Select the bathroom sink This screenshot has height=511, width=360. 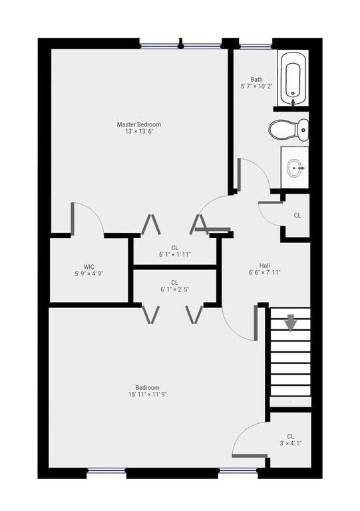click(x=295, y=168)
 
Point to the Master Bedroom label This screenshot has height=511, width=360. click(x=139, y=124)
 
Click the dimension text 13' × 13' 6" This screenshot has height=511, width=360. click(x=139, y=132)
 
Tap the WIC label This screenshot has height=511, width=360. click(x=89, y=265)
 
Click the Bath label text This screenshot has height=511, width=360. click(x=257, y=79)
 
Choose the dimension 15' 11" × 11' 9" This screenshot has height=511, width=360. click(x=146, y=394)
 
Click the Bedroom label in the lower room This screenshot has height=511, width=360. click(x=147, y=387)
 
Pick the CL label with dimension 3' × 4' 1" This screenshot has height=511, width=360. click(x=290, y=436)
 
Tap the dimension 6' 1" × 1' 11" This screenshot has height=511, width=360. click(x=174, y=255)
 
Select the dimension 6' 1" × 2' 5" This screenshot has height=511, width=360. click(x=174, y=290)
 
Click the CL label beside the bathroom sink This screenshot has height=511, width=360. click(x=297, y=216)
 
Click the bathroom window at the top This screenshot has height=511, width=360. click(x=255, y=46)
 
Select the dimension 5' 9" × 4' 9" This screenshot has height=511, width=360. click(x=89, y=273)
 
